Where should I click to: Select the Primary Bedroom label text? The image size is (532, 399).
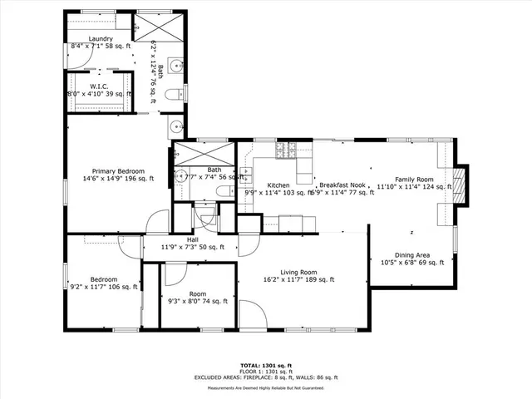click(118, 170)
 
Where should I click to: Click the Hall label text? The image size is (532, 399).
click(192, 239)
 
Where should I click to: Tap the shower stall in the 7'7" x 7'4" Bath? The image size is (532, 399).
click(204, 154)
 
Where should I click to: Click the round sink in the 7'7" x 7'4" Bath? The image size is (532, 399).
click(180, 175)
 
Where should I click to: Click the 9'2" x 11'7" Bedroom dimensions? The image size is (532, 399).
click(104, 287)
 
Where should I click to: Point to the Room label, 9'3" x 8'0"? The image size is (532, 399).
click(197, 294)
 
